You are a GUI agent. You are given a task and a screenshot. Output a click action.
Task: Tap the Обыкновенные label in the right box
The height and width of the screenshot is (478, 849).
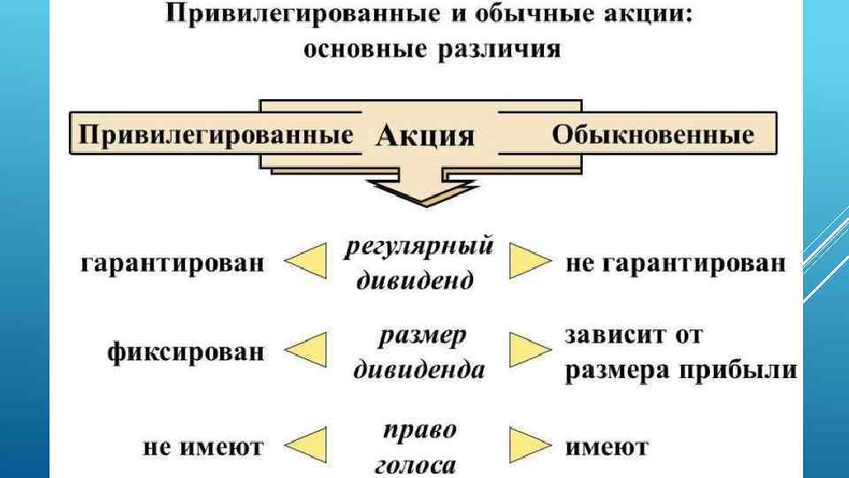[653, 135]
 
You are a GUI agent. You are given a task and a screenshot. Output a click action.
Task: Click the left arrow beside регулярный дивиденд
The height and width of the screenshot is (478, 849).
[305, 263]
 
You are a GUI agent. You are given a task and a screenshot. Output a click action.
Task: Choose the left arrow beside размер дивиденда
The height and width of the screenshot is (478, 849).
[305, 351]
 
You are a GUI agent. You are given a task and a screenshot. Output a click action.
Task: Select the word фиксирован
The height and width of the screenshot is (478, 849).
[186, 351]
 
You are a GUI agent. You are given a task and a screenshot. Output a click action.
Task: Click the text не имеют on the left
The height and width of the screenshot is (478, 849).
[203, 447]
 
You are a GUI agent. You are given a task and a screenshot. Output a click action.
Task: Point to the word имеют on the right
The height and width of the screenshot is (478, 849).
[607, 447]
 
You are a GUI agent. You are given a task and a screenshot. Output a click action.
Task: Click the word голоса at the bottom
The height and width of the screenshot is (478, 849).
[418, 466]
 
